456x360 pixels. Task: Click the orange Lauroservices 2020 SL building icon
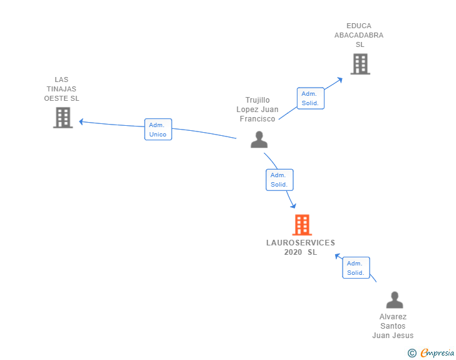point(302,225)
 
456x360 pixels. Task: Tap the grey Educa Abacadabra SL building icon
point(360,64)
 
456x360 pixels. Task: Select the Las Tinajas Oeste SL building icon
point(63,118)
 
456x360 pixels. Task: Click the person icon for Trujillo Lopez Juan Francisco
point(259,140)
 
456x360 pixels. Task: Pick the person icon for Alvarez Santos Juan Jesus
point(395,300)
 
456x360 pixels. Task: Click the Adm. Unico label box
point(158,130)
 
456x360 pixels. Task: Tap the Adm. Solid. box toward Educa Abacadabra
point(310,98)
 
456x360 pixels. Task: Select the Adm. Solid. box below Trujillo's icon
point(279,180)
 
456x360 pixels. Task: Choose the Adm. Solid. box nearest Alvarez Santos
point(356,268)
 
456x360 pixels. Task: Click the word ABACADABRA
point(359,36)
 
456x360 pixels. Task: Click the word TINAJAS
point(61,89)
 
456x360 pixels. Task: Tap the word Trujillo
point(257,100)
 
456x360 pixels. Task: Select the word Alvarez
point(393,317)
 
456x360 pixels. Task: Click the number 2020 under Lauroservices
point(293,252)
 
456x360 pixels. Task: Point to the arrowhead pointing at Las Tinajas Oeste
point(81,121)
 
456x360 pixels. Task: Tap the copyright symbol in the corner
point(412,353)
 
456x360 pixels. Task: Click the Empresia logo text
point(437,353)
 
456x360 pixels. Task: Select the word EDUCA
point(359,26)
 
